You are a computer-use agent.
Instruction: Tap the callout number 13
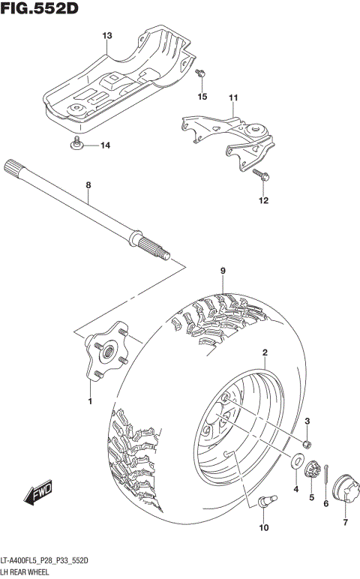(106, 36)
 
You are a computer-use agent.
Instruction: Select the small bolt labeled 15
(200, 73)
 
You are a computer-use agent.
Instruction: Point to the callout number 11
(232, 98)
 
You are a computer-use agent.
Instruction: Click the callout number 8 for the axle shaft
(88, 184)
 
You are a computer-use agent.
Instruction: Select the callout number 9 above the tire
(223, 271)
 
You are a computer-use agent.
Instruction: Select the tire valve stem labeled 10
(268, 499)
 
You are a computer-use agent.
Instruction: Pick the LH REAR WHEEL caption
(28, 572)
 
